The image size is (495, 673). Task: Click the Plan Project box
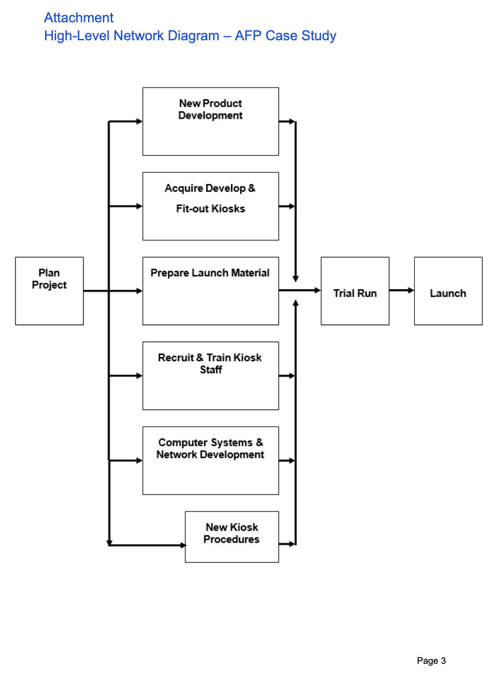[49, 291]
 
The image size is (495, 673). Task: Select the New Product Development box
[210, 122]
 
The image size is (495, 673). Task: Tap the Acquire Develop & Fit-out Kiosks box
[210, 206]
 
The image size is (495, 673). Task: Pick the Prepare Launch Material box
[210, 291]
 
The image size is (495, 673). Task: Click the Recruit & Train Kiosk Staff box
[210, 375]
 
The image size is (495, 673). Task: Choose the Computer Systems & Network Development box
[210, 460]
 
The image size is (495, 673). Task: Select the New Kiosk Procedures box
[232, 536]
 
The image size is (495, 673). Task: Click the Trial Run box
[355, 291]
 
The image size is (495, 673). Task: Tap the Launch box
[448, 291]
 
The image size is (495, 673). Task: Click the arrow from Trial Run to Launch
[401, 290]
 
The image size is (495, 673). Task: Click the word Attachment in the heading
[79, 18]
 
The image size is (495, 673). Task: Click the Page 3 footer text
[431, 660]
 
